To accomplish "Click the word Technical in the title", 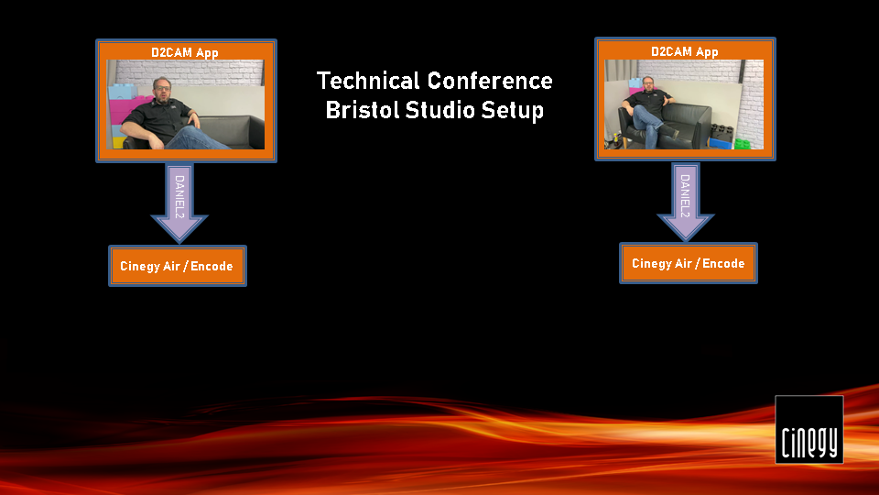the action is click(x=368, y=81).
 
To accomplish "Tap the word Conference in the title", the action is click(x=490, y=81).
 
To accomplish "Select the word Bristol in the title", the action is click(x=362, y=109).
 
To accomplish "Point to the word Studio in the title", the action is click(x=439, y=109).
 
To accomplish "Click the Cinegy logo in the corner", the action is click(x=808, y=429).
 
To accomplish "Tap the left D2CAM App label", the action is click(x=184, y=53).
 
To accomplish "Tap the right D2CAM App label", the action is click(x=685, y=51).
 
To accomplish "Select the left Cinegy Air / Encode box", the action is click(x=177, y=266).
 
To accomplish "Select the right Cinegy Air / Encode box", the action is click(x=689, y=263).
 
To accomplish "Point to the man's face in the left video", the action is click(x=162, y=90).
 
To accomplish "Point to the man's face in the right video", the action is click(x=647, y=84).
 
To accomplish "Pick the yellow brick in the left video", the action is click(x=118, y=143).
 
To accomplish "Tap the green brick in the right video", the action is click(x=743, y=144).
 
